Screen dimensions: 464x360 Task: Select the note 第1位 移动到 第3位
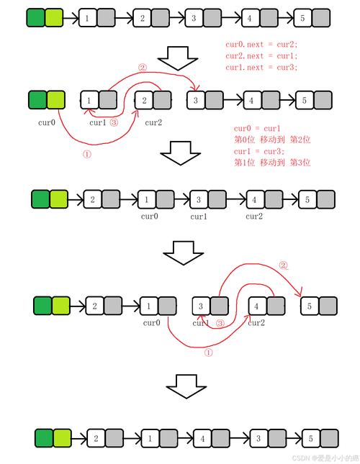(272, 163)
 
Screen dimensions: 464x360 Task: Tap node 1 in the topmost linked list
(87, 17)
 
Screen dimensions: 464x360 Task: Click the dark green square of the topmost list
(35, 17)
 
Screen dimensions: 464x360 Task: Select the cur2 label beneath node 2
(153, 122)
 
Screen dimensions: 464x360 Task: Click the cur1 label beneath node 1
(97, 122)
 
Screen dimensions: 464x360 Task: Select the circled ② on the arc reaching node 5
(283, 265)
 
